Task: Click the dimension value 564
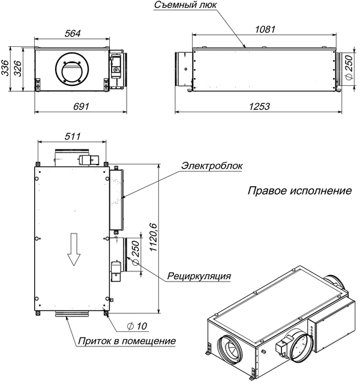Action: pos(72,34)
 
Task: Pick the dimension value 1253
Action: pos(259,106)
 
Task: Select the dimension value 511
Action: pos(72,136)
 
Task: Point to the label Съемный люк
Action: pos(181,5)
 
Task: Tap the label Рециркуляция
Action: pos(199,276)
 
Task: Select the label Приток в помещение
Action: pos(126,341)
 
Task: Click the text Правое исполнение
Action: pos(299,191)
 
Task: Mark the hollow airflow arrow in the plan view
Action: pos(73,249)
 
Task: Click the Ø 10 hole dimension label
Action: pos(137,326)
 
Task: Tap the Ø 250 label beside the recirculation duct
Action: pos(136,253)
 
